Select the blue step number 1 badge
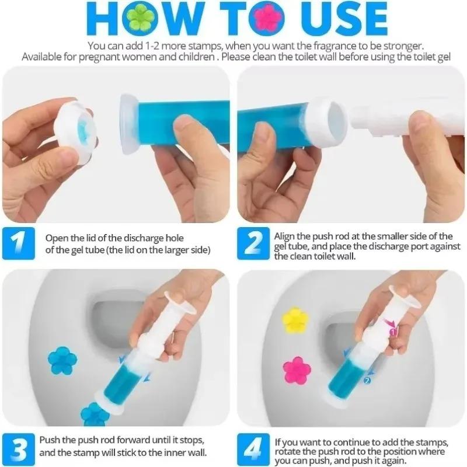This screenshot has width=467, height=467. click(19, 243)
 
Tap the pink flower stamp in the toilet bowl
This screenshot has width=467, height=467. click(296, 370)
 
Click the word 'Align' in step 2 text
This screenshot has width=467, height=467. click(285, 236)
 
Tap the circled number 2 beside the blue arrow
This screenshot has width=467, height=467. click(367, 381)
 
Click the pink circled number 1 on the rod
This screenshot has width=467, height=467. click(393, 332)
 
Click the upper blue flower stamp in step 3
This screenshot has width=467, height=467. click(61, 360)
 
